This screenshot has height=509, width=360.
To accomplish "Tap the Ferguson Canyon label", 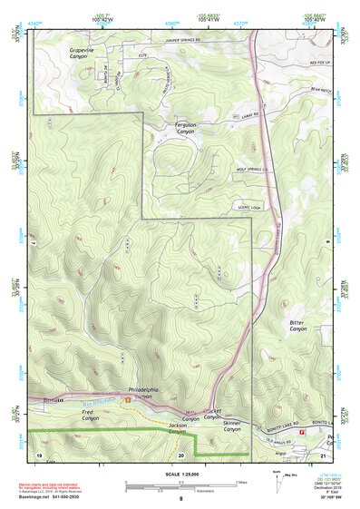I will pos(184,129).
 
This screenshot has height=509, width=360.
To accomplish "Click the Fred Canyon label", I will pos(89,416).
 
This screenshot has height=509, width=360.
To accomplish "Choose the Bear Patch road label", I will pos(317,90).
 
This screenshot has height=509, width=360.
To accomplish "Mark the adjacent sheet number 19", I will pos(39,453).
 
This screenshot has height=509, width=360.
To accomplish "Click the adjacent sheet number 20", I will pos(181,453).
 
